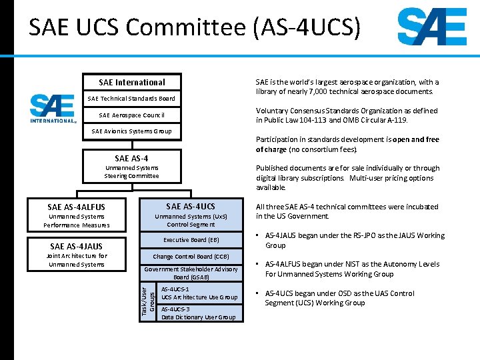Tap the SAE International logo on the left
pos(52,108)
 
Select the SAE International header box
pos(131,82)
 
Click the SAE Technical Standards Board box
pos(131,99)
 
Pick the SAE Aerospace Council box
pos(131,115)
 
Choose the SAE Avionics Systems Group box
pos(131,131)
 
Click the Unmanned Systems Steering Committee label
pos(131,172)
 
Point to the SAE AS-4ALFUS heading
pos(76,207)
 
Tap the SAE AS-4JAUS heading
pos(76,247)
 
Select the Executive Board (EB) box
pos(191,240)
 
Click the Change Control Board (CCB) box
pos(191,257)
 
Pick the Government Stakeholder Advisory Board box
pos(191,273)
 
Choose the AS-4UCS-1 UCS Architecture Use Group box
pos(199,293)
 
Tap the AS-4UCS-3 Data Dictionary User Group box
pos(199,313)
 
